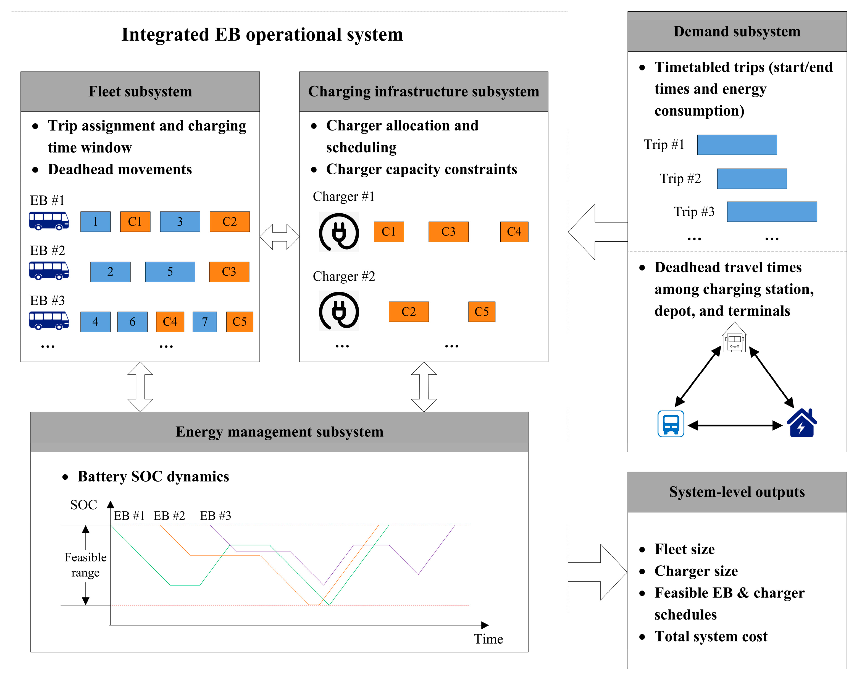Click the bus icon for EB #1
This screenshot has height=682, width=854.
pos(49,221)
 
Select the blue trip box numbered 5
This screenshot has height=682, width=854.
pos(170,271)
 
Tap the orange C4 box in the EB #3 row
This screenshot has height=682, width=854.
pos(170,322)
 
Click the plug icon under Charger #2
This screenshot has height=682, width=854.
pos(339,311)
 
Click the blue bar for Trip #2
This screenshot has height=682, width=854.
pos(751,179)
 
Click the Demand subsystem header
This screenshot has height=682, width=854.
pos(737,32)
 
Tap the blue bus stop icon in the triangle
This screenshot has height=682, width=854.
pos(671,424)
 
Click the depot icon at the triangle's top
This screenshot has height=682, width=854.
pos(734,338)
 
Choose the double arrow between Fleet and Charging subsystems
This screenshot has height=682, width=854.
pos(280,237)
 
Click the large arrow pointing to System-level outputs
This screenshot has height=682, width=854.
pos(597,572)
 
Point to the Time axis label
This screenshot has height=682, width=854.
pos(488,639)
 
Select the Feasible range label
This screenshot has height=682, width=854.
pos(86,565)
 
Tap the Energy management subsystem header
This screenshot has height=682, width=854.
pos(279,432)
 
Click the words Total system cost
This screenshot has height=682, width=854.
pos(711,636)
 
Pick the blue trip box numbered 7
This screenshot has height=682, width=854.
pos(204,322)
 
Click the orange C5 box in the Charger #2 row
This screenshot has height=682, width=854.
pos(481,312)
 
